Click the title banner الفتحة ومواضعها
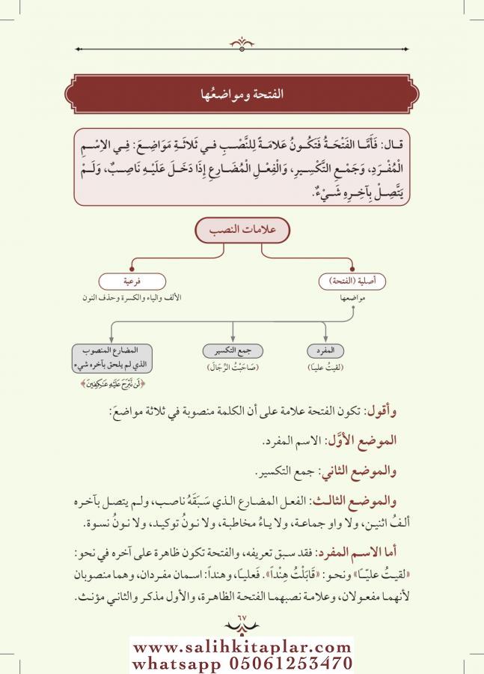(x=242, y=95)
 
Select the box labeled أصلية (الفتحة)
(x=352, y=282)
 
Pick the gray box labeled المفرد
(x=327, y=350)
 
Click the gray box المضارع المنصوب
(x=111, y=356)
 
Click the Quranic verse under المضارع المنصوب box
(x=111, y=385)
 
